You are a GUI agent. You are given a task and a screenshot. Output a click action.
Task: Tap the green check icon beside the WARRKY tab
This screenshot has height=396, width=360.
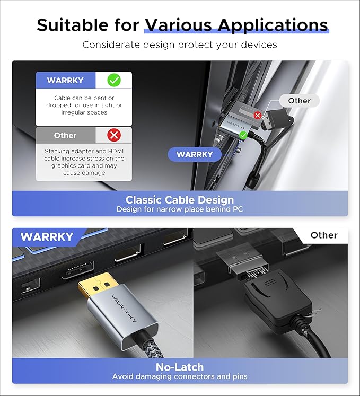[x=113, y=80]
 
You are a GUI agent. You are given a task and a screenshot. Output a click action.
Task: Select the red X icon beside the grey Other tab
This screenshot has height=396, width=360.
[x=113, y=135]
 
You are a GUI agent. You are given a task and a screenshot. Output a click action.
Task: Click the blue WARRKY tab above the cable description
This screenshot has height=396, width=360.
[x=65, y=81]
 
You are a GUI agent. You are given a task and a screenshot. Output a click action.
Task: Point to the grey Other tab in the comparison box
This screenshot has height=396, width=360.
[x=65, y=135]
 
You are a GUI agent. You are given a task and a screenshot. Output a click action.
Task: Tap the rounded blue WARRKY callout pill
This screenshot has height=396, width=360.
[x=194, y=155]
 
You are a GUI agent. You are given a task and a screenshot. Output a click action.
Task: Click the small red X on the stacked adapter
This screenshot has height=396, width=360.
[x=258, y=115]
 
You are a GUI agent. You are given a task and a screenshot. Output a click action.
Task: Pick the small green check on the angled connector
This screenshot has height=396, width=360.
[x=243, y=136]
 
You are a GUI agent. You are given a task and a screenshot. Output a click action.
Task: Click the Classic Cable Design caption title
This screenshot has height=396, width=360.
[x=180, y=200]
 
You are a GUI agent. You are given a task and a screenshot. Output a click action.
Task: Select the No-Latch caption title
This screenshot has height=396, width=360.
[x=180, y=367]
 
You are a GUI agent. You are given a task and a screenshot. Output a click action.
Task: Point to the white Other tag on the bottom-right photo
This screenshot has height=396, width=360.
[x=323, y=235]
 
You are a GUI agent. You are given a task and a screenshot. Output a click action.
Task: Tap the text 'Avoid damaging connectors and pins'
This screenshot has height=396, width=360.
[x=180, y=376]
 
